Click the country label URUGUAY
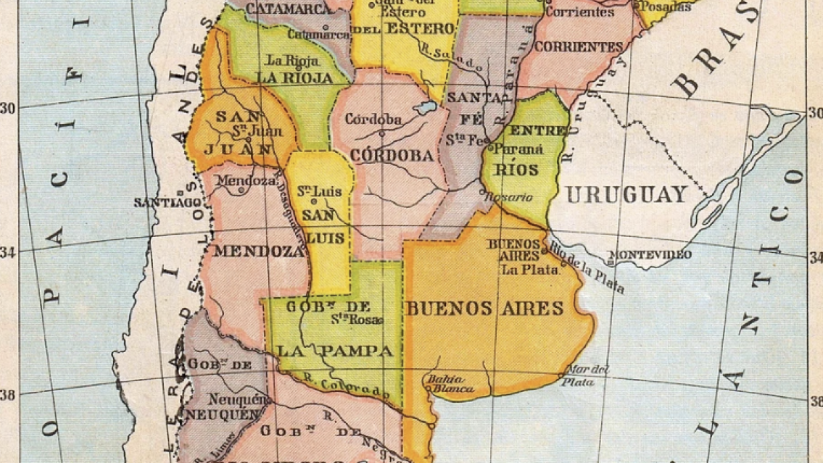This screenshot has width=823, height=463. (x=626, y=194)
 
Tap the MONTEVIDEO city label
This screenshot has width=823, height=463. (x=650, y=254)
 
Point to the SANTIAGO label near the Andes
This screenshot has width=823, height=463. (x=166, y=203)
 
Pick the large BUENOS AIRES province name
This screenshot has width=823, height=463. (x=484, y=309)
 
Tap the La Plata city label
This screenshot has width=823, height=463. (x=530, y=270)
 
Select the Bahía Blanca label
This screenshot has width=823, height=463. (x=450, y=383)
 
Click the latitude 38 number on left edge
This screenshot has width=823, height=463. (x=9, y=396)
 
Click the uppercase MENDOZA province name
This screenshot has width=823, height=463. (x=257, y=251)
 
